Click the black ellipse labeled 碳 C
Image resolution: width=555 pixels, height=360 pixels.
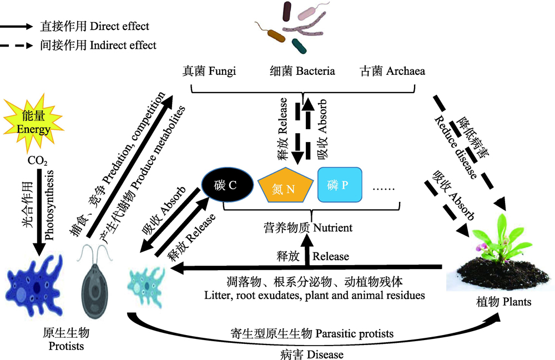(x=227, y=185)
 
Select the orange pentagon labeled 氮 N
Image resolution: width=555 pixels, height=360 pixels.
(x=285, y=186)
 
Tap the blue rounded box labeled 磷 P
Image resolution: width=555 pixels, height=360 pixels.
(x=340, y=185)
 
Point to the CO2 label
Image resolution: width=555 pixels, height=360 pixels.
(x=37, y=161)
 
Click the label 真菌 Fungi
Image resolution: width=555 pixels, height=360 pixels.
(x=209, y=71)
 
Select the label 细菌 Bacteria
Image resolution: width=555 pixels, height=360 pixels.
(x=302, y=71)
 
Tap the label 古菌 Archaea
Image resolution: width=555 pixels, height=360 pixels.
(x=392, y=71)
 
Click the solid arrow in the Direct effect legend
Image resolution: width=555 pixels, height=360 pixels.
(x=16, y=27)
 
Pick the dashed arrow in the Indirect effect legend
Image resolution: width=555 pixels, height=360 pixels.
(x=16, y=45)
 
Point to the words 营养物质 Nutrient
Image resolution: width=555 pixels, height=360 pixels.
(x=308, y=228)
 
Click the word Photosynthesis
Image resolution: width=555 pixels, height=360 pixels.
(x=49, y=205)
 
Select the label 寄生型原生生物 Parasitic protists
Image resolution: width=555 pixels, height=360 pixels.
(x=312, y=333)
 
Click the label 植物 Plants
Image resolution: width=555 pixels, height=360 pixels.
(x=504, y=302)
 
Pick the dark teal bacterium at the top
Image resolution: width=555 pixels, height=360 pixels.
(x=300, y=47)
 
